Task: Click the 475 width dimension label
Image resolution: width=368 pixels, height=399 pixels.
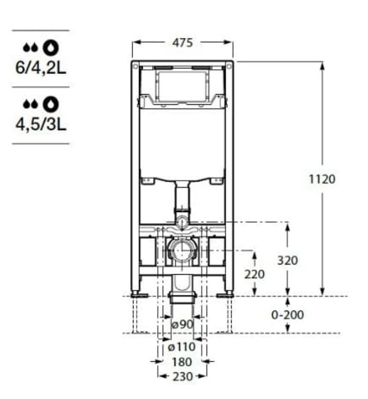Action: tap(183, 43)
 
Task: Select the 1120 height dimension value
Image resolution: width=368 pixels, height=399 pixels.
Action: tap(322, 179)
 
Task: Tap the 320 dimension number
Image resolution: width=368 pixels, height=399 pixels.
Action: tap(288, 260)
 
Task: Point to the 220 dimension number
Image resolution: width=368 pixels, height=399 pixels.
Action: tap(254, 274)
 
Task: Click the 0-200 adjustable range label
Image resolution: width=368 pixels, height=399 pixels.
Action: tap(287, 315)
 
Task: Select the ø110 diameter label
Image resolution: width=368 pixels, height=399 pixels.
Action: tap(182, 347)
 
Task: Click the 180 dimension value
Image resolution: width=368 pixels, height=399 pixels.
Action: tap(182, 362)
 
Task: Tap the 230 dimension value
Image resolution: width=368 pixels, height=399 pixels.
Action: tap(182, 376)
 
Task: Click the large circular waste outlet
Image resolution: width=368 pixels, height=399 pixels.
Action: tap(182, 251)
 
